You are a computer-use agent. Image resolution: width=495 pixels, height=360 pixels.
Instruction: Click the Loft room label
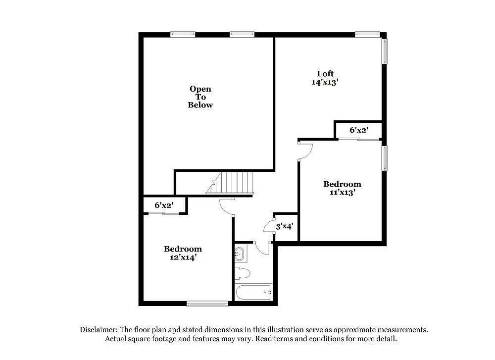(325, 74)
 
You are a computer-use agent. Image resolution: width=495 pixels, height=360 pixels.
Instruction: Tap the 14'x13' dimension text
(324, 83)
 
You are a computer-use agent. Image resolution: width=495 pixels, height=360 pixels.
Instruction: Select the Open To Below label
(200, 97)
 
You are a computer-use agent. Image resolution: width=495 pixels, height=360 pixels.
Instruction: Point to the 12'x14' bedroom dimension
(183, 257)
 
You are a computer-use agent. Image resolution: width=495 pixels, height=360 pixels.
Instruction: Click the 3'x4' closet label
(285, 226)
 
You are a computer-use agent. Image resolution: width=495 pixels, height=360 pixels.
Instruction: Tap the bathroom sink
(240, 255)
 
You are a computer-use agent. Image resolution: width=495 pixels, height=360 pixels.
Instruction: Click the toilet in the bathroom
(243, 273)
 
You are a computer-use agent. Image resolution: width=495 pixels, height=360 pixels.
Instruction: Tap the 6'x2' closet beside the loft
(359, 130)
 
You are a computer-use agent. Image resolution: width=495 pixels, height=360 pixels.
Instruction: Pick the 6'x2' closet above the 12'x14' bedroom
(163, 205)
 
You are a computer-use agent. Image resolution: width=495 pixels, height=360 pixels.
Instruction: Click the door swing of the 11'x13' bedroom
(304, 151)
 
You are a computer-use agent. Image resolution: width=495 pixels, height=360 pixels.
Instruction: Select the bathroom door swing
(262, 247)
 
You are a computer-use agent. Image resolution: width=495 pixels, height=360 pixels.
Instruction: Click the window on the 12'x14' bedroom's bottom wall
(207, 304)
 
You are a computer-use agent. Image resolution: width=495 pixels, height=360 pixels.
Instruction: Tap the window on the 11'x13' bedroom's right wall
(385, 158)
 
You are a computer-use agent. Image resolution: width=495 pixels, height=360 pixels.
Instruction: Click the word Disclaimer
(98, 330)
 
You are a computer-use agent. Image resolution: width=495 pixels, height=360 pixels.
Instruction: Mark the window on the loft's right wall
(385, 51)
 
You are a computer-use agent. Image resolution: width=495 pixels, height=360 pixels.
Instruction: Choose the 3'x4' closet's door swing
(270, 225)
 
